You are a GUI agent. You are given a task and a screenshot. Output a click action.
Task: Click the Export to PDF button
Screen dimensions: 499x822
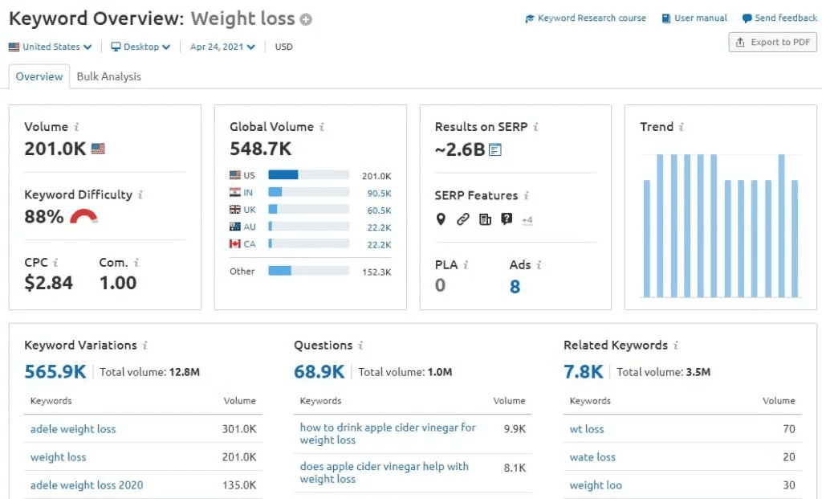pyautogui.click(x=772, y=43)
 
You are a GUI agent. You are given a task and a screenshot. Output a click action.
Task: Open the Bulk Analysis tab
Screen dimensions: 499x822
pyautogui.click(x=108, y=76)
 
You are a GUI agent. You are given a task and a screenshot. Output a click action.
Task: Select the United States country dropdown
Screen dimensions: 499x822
pyautogui.click(x=51, y=47)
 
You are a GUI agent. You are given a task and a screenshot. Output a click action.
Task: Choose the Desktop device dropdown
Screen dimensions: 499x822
pyautogui.click(x=141, y=47)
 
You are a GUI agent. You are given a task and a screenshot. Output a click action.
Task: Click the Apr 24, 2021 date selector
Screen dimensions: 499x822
pyautogui.click(x=222, y=47)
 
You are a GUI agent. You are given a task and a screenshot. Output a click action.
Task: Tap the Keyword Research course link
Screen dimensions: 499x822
pyautogui.click(x=585, y=18)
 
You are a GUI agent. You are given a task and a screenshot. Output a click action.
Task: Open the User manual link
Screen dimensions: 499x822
pyautogui.click(x=694, y=18)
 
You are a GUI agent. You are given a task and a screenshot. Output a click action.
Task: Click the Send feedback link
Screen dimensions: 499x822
pyautogui.click(x=779, y=18)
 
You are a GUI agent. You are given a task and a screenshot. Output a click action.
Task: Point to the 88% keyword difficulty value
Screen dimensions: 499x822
pyautogui.click(x=44, y=216)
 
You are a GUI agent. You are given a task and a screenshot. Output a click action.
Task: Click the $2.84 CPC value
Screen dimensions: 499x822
pyautogui.click(x=49, y=283)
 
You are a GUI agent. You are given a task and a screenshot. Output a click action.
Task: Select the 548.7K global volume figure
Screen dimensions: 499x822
pyautogui.click(x=261, y=149)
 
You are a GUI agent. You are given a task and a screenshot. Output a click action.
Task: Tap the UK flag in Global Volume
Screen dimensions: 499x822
pyautogui.click(x=235, y=209)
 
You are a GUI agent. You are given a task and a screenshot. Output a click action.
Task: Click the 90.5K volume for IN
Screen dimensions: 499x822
pyautogui.click(x=379, y=193)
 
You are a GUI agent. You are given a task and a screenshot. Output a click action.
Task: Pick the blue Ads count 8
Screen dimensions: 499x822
pyautogui.click(x=515, y=286)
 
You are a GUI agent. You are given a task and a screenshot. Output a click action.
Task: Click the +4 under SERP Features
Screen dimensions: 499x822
pyautogui.click(x=527, y=220)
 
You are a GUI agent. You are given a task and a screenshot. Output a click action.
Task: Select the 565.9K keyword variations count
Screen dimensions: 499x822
pyautogui.click(x=55, y=371)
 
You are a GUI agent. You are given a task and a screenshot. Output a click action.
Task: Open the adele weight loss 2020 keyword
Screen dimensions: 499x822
pyautogui.click(x=87, y=485)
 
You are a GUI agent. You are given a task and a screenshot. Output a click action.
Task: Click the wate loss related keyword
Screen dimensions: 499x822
pyautogui.click(x=592, y=457)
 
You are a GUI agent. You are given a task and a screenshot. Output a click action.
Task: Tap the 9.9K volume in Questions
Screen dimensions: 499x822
pyautogui.click(x=515, y=429)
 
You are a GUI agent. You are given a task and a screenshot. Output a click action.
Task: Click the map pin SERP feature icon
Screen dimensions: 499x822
pyautogui.click(x=441, y=219)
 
